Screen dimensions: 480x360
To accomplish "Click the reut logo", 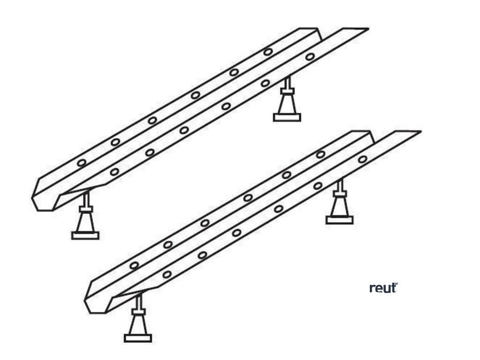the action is click(x=383, y=288).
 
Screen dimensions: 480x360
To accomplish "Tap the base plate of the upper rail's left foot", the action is click(x=85, y=235).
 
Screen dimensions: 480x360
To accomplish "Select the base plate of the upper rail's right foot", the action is click(x=287, y=118).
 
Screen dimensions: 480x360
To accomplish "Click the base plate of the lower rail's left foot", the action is click(x=138, y=338).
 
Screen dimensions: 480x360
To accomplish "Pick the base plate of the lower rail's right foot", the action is click(x=339, y=220).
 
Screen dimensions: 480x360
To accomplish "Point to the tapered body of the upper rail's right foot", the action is click(x=287, y=104).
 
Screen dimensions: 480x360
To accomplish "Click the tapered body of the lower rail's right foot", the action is click(x=339, y=206).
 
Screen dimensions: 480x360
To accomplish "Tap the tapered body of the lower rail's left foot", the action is click(x=138, y=324).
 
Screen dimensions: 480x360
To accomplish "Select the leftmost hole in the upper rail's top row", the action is click(x=82, y=163).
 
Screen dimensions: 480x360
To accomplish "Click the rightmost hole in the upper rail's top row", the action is click(x=268, y=52).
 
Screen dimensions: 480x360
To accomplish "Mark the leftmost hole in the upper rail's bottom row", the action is click(x=114, y=172).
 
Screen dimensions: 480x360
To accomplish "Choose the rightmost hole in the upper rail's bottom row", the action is click(x=310, y=57).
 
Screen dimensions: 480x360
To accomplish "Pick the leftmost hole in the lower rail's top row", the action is click(x=135, y=265).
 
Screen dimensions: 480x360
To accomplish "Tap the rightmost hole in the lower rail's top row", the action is click(x=321, y=154).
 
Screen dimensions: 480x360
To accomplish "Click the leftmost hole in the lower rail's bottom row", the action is click(x=167, y=274).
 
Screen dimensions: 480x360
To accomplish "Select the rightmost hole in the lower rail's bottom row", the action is click(x=362, y=159).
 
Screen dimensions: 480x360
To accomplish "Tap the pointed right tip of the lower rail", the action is click(x=418, y=132).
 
